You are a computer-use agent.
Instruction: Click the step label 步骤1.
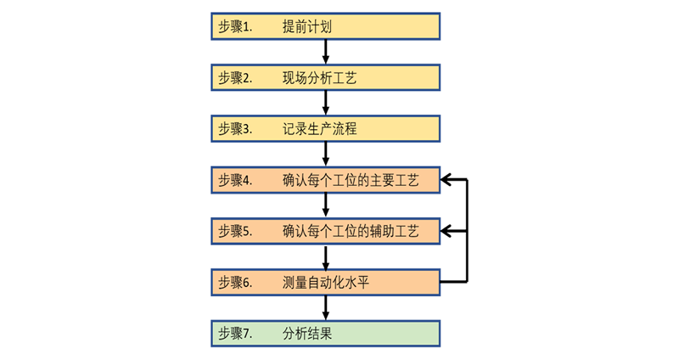[235, 27]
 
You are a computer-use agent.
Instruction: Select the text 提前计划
[306, 27]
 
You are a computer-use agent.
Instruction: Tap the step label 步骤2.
[235, 78]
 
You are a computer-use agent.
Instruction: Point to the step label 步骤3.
[235, 129]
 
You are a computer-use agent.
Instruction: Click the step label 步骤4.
[235, 180]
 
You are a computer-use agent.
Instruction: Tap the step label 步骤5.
[235, 231]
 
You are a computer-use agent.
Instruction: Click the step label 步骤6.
[235, 282]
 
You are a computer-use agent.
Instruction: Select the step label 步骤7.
[235, 333]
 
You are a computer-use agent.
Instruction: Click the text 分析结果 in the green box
[306, 333]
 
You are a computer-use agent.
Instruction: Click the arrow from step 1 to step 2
[326, 53]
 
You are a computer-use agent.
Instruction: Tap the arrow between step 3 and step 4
[326, 155]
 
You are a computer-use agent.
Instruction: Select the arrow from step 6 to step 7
[326, 307]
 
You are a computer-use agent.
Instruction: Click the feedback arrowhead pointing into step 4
[449, 180]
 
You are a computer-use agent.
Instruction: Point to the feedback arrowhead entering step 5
[449, 231]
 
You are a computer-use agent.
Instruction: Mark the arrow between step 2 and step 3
[326, 104]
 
